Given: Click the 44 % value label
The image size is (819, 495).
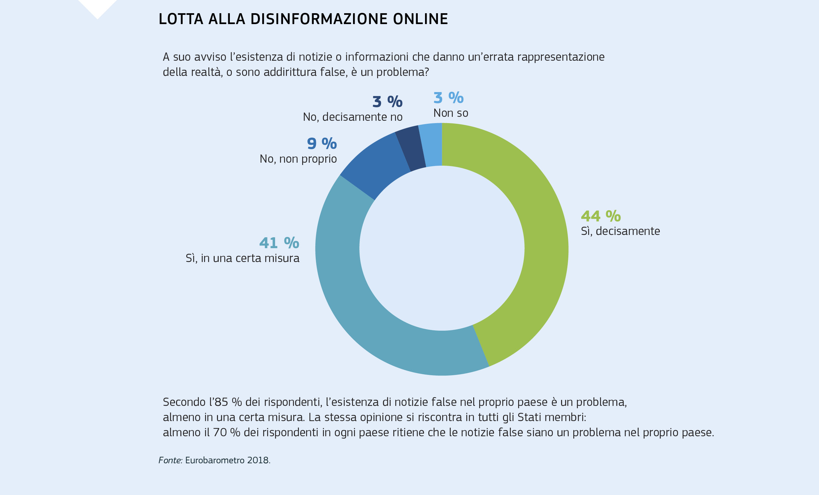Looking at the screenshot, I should pos(601,216).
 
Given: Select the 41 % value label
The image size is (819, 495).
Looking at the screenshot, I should pos(279,243).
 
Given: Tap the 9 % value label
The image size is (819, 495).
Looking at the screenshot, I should pos(322,144).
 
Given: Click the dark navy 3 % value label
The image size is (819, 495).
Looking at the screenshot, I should pos(387,102).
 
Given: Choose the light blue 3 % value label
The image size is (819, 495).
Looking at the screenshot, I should pos(448,98).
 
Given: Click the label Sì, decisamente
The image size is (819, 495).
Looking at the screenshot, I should pos(620,231).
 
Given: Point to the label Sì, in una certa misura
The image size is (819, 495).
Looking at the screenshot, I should pos(242,258).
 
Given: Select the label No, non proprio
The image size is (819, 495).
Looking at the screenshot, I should pos(298,159).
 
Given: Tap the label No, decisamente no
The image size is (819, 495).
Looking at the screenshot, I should pos(353,117).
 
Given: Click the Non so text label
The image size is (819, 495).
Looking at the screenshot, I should pos(451,113).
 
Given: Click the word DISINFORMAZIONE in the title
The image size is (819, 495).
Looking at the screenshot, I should pos(319,19).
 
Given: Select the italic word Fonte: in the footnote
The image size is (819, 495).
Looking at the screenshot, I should pos(170,460).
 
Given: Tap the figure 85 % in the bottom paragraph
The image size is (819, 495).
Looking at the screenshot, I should pos(228,402).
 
